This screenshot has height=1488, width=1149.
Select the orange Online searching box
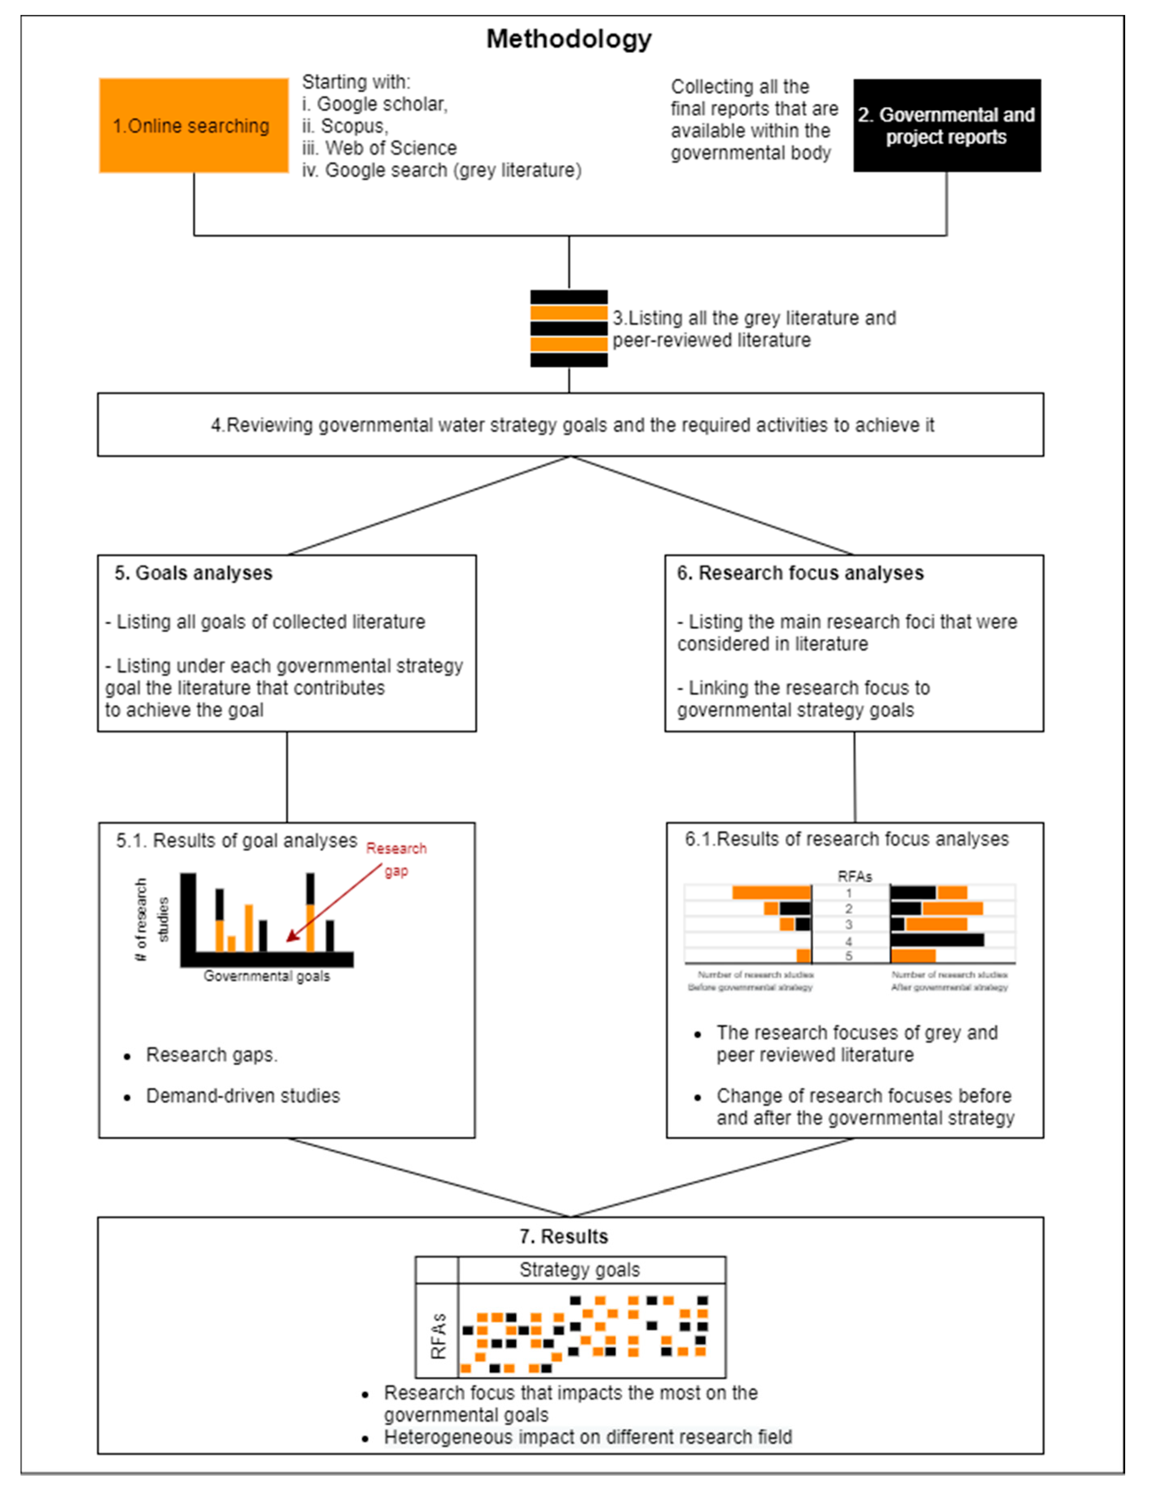[194, 125]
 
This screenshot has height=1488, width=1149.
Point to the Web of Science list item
[380, 148]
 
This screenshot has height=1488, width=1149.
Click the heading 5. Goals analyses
[194, 573]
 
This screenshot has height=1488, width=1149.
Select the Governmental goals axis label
[267, 976]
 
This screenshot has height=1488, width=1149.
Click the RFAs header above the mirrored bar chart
[854, 876]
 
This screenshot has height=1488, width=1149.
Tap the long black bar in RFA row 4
[937, 940]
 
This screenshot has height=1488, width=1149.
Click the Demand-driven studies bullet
[243, 1096]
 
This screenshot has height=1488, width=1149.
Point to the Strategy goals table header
[579, 1270]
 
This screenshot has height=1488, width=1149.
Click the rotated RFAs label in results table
[438, 1336]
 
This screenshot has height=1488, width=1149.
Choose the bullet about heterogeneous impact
[587, 1437]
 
